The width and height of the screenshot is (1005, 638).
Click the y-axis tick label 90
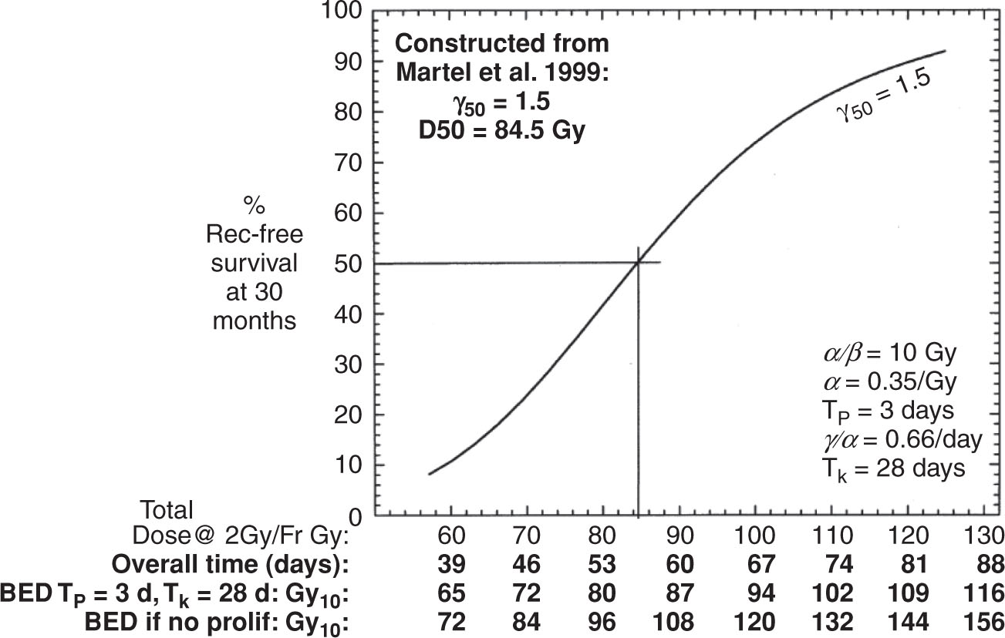pos(343,62)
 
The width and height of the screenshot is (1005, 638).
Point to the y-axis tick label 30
pos(343,364)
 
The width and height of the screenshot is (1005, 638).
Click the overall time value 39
pos(452,565)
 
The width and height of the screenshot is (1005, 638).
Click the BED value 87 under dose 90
pos(679,594)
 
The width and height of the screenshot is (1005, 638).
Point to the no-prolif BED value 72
pos(452,623)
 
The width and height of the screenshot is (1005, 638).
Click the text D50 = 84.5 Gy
pos(502,129)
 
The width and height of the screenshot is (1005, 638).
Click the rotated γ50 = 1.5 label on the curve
pos(885,98)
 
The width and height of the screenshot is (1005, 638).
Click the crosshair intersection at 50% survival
pos(638,264)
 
